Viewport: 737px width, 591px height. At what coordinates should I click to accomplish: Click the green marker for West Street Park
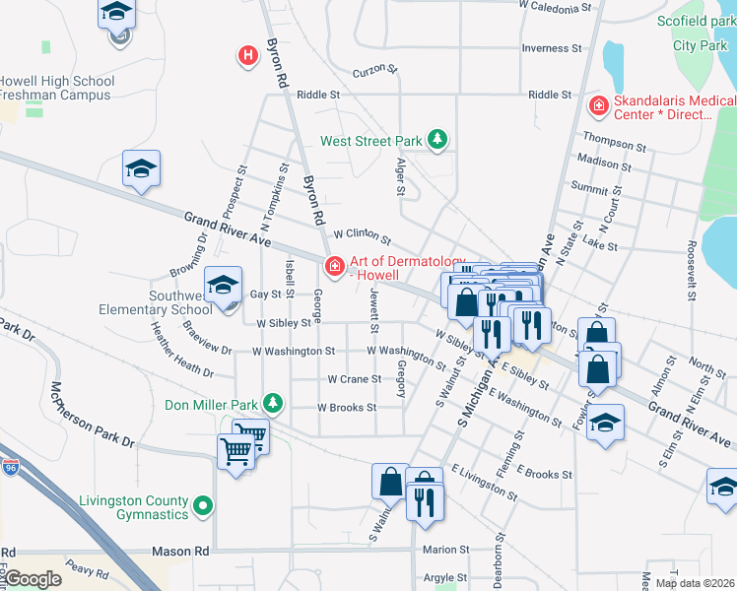coord(437,142)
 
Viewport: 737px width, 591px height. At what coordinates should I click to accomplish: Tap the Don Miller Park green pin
coord(272,404)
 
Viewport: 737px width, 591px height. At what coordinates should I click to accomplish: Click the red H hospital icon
coord(248,56)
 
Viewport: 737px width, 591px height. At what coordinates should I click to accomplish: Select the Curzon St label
coord(374,71)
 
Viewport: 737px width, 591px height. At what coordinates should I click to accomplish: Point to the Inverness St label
coord(545,48)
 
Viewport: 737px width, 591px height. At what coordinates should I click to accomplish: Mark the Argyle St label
coord(445,577)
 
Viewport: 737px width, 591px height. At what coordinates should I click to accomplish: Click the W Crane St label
coord(354,378)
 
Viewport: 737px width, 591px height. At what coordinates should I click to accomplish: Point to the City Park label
coord(700,45)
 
